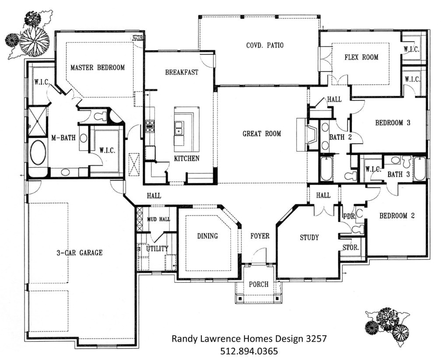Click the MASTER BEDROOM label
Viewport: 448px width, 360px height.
pyautogui.click(x=98, y=67)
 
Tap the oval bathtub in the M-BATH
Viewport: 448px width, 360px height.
pyautogui.click(x=38, y=152)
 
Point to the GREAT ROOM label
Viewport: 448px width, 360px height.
pyautogui.click(x=262, y=134)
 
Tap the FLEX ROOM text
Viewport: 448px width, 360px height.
pyautogui.click(x=361, y=57)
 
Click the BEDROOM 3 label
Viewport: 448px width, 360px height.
pyautogui.click(x=392, y=123)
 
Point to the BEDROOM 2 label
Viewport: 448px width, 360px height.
pyautogui.click(x=396, y=215)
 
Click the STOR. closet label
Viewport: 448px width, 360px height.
pyautogui.click(x=351, y=247)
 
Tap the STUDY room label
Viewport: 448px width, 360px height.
pyautogui.click(x=309, y=237)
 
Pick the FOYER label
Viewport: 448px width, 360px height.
pyautogui.click(x=259, y=236)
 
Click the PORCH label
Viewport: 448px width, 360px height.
pyautogui.click(x=259, y=284)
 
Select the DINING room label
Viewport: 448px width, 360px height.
pyautogui.click(x=207, y=236)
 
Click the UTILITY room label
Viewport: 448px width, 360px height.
pyautogui.click(x=157, y=248)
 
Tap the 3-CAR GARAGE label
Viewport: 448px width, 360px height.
pyautogui.click(x=79, y=252)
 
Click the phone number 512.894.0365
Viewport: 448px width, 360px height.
pyautogui.click(x=249, y=351)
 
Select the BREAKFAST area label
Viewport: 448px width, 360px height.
pyautogui.click(x=182, y=72)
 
